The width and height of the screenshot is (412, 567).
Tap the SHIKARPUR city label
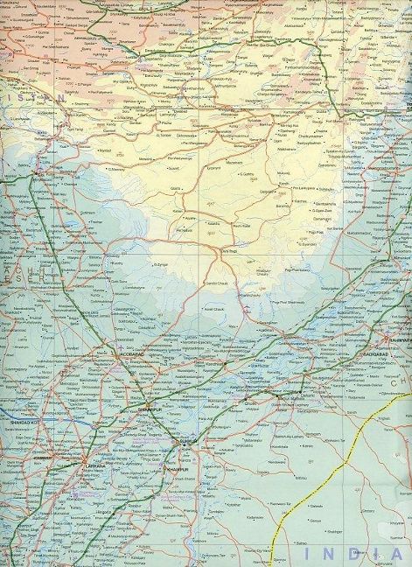145,409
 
